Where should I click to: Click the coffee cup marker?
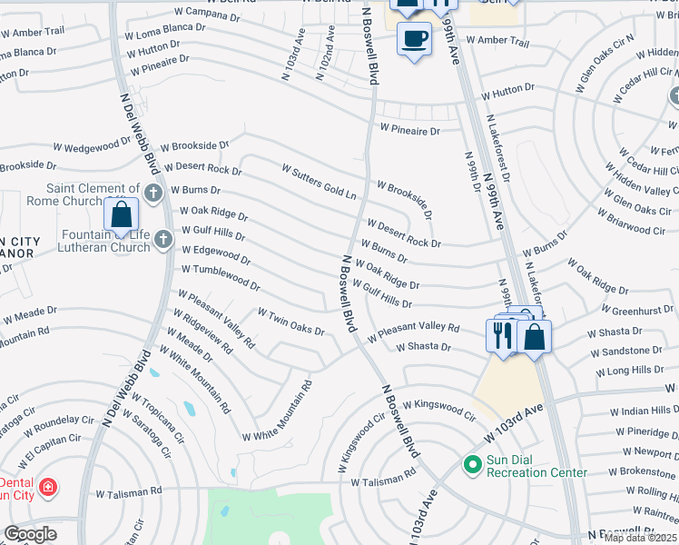(415, 39)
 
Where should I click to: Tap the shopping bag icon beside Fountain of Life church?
(121, 215)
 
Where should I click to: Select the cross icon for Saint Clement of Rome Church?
(153, 193)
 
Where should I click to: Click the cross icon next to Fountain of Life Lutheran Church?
(163, 239)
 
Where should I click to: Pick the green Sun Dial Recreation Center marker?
(471, 465)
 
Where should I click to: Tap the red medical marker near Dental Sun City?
(47, 488)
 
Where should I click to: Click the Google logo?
(31, 535)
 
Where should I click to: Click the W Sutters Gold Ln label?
(319, 183)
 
